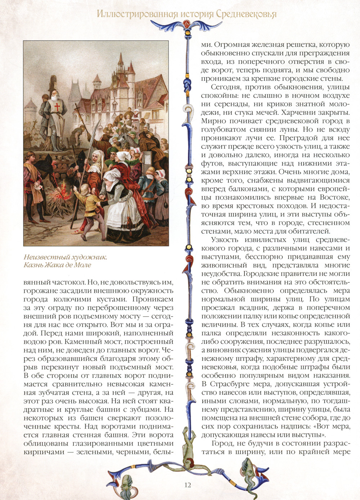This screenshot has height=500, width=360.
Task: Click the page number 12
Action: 188,485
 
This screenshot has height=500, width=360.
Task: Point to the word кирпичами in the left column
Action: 42,452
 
